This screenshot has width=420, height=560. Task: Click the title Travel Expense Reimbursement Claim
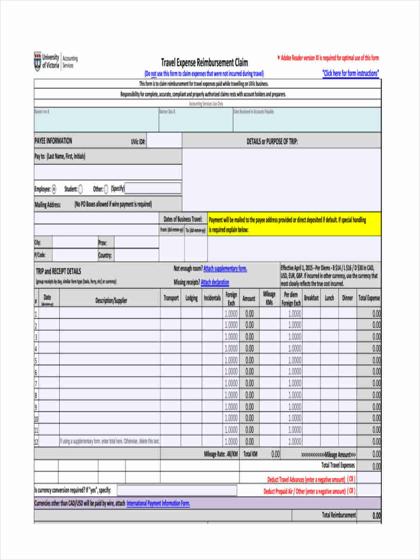click(x=204, y=62)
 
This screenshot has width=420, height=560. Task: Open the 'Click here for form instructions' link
click(x=350, y=73)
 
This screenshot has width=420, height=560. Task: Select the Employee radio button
click(x=54, y=189)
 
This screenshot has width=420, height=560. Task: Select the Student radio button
click(x=81, y=189)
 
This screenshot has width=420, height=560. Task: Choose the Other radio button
click(x=106, y=189)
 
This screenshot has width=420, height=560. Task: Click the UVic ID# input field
click(x=164, y=141)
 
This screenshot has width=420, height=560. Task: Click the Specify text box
click(x=153, y=189)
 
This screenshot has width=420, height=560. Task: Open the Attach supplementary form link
click(x=225, y=269)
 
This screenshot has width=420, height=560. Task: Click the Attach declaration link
click(x=215, y=282)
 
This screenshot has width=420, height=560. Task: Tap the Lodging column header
click(x=191, y=298)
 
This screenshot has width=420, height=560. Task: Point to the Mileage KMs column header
click(x=269, y=298)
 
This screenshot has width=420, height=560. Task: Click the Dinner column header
click(x=348, y=298)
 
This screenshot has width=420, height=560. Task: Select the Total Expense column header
click(x=369, y=298)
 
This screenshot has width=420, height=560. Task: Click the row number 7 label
click(x=36, y=384)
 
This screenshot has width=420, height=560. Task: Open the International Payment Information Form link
click(x=158, y=504)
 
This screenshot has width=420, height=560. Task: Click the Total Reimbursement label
click(x=339, y=515)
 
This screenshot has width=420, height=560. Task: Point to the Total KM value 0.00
click(x=275, y=454)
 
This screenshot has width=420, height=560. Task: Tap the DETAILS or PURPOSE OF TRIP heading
click(x=272, y=141)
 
